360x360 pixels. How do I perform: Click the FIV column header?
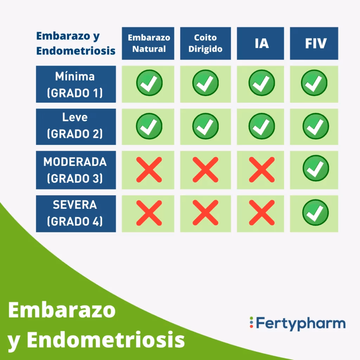tap(314, 43)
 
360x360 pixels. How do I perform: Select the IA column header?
tap(261, 43)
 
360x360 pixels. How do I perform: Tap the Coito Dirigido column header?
tap(205, 43)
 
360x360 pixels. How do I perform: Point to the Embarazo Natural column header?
tap(148, 43)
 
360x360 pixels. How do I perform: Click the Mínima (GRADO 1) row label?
tap(76, 84)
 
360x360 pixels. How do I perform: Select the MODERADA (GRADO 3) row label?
tap(76, 170)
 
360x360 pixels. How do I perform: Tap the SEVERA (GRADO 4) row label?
tap(76, 213)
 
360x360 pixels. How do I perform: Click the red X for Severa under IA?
tap(261, 213)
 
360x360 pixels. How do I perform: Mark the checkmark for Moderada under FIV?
tap(315, 168)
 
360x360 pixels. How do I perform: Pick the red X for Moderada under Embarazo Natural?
tap(149, 169)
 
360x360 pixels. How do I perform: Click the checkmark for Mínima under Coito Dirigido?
tap(205, 83)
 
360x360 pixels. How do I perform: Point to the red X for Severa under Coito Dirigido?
tap(205, 213)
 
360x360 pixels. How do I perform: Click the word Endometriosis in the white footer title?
tap(105, 340)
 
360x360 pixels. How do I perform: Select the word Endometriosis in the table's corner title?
tap(76, 51)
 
